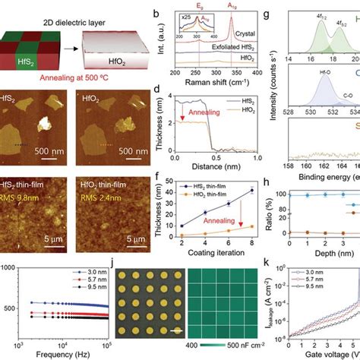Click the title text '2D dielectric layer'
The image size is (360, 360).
[52, 9]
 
